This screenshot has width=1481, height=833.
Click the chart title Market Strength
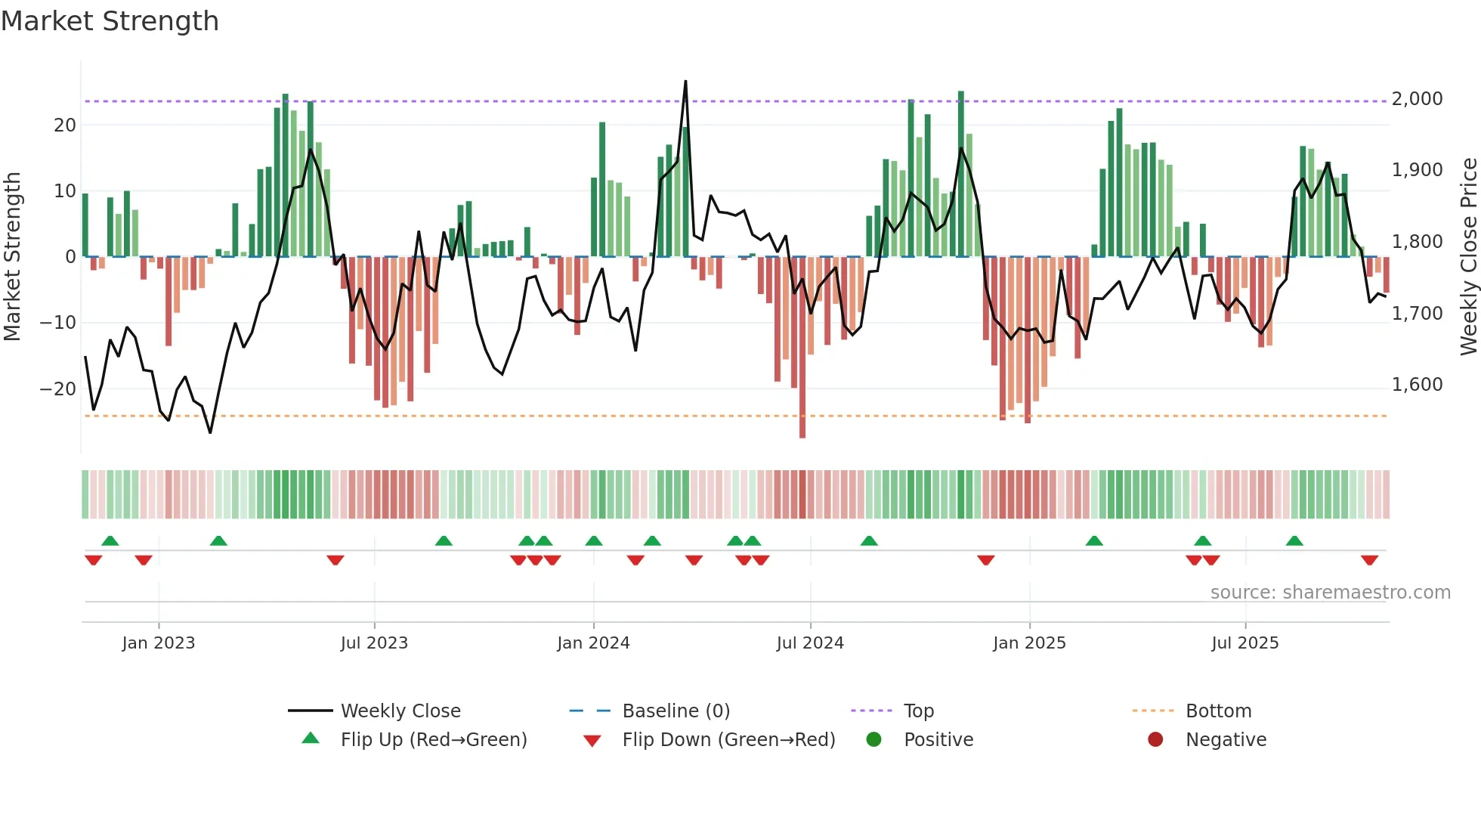click(x=110, y=21)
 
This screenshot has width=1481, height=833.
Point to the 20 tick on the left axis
click(x=65, y=125)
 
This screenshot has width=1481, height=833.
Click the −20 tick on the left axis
click(x=58, y=389)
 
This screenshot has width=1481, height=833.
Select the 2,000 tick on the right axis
click(x=1417, y=99)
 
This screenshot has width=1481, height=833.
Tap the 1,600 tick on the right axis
click(x=1417, y=385)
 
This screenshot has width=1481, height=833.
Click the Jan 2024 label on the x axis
click(x=593, y=643)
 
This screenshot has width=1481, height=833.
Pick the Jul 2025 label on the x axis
click(x=1244, y=643)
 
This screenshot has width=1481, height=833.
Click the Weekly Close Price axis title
click(x=1468, y=257)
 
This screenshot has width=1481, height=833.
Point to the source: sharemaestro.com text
click(x=1330, y=593)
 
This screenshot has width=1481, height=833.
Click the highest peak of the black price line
click(x=685, y=82)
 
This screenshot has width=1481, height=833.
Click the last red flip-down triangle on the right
click(x=1369, y=560)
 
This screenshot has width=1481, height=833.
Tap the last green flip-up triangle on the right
click(x=1294, y=541)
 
